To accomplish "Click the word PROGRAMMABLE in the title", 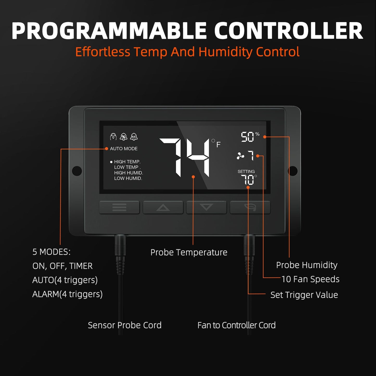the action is (109, 31).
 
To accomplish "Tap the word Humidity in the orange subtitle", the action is (225, 52).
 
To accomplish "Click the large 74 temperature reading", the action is (185, 158).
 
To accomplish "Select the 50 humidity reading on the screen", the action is (247, 137).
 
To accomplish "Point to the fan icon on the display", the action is (240, 156).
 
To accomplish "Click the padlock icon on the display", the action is (113, 137).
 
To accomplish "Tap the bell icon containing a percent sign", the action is (124, 137).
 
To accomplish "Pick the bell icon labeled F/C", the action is (134, 137).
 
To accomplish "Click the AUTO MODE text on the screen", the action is (124, 149).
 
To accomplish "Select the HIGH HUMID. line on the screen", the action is (129, 173).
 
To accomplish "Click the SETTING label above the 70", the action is (246, 171).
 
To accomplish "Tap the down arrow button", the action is (206, 207).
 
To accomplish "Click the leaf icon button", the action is (250, 207).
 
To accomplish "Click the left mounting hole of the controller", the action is (77, 171).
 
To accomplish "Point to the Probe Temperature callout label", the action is (189, 252).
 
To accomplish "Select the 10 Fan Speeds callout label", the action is (310, 279).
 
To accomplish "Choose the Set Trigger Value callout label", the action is (304, 295).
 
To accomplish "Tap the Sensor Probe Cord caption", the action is (125, 325).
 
